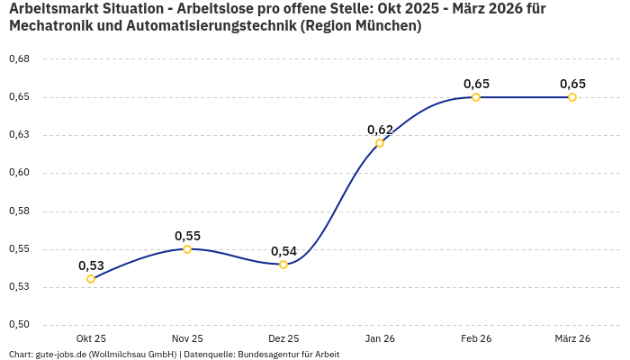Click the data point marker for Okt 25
91,279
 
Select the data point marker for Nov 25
187,249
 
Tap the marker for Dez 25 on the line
283,265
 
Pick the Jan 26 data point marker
380,143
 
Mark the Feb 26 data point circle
476,97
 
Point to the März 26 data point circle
572,97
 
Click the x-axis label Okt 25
91,338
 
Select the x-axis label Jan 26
380,338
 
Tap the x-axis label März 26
572,338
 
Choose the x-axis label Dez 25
283,338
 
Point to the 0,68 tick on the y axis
19,59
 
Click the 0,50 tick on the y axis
19,325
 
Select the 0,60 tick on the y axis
19,173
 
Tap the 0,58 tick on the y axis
19,211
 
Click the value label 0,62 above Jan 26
380,130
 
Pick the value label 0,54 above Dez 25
283,251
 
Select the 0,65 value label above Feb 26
476,84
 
